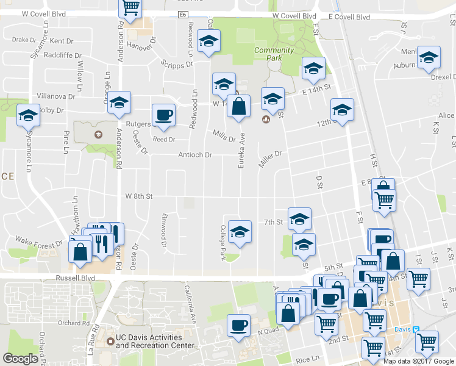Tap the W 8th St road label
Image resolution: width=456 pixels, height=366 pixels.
point(138,196)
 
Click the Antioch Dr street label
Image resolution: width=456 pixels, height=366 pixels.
point(195,155)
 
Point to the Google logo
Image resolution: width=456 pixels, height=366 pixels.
point(20,359)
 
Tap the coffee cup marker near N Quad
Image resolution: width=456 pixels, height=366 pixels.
point(238,325)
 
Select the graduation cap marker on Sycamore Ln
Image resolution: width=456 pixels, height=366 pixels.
point(28,115)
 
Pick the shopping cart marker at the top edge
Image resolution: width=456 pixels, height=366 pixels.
point(130,7)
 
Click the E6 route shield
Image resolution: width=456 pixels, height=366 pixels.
point(183,14)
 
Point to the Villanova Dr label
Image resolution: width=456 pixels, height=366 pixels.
point(55,96)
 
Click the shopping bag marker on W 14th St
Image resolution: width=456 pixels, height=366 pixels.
point(238,106)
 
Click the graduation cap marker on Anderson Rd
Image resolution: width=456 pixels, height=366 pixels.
point(119,102)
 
